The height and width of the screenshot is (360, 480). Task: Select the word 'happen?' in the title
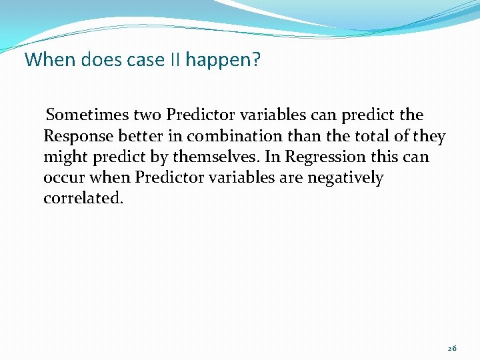pos(223,61)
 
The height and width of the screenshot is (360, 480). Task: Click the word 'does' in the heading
pos(97,60)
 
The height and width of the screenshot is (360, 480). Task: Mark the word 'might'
pos(64,157)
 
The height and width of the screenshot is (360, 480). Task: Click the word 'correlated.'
pos(83,199)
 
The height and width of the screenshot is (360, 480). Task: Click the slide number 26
pos(452,349)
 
